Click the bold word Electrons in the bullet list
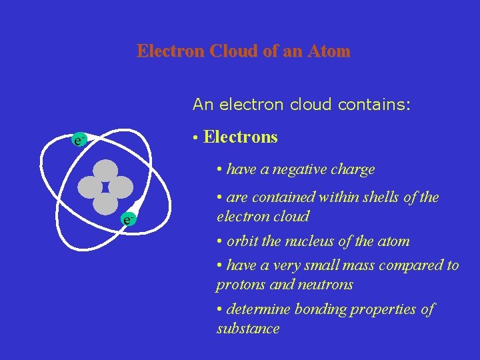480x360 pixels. pyautogui.click(x=241, y=137)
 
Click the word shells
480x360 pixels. pyautogui.click(x=387, y=198)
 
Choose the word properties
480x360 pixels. pyautogui.click(x=385, y=309)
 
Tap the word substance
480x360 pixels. pyautogui.click(x=248, y=329)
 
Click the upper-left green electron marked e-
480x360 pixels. pyautogui.click(x=79, y=141)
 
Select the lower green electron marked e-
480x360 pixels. pyautogui.click(x=129, y=218)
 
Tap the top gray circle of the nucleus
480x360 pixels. pyautogui.click(x=105, y=171)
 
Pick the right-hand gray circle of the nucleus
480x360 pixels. pyautogui.click(x=121, y=187)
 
